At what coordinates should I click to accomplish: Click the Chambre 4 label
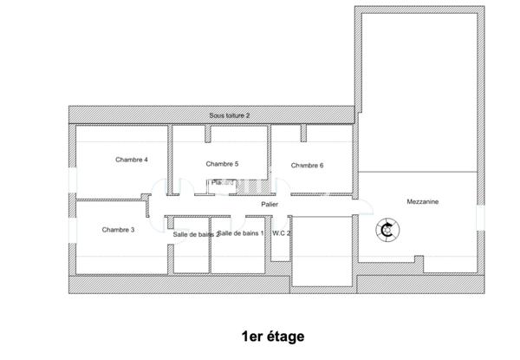(133, 160)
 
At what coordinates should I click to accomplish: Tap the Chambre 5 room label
(222, 164)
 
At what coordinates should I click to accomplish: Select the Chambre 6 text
(308, 166)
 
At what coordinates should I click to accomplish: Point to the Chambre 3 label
(118, 230)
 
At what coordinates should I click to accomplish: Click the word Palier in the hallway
(271, 205)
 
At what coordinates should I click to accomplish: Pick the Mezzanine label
(423, 202)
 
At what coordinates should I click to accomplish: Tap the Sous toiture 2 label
(230, 115)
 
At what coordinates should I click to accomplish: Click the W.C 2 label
(282, 233)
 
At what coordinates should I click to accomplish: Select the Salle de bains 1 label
(240, 233)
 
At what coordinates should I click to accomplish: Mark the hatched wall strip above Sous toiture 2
(212, 108)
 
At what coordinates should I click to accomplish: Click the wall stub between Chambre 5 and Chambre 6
(302, 132)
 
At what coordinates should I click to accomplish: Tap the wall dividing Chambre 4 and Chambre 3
(108, 200)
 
